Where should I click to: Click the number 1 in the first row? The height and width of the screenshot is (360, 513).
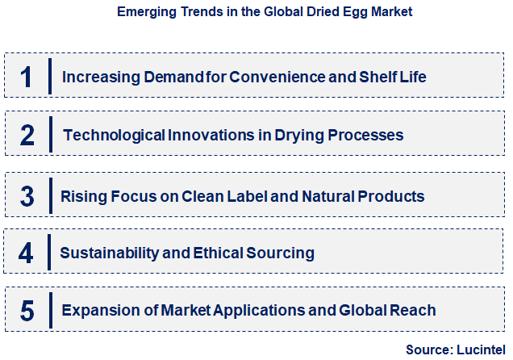[27, 77]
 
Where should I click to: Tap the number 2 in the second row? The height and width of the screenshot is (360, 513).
[27, 136]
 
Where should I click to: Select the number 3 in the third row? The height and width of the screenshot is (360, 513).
[27, 196]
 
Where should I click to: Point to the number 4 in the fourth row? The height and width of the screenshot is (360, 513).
[27, 253]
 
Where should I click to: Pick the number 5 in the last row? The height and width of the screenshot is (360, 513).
[27, 311]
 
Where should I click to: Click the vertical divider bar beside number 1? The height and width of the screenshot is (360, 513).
[50, 77]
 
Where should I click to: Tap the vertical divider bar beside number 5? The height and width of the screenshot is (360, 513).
[50, 310]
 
